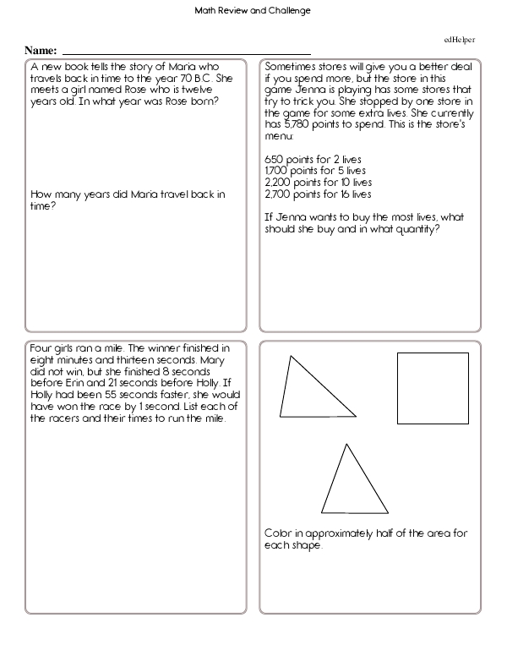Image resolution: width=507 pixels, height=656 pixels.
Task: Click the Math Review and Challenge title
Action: tap(253, 11)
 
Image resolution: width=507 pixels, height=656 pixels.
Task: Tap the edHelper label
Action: tap(460, 41)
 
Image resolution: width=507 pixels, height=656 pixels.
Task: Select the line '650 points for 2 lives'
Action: tap(305, 158)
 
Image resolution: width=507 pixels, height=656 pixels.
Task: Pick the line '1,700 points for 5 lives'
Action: tap(308, 170)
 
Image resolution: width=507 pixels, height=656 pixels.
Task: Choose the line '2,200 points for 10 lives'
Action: tap(310, 182)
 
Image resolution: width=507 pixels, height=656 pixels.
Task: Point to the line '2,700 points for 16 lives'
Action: tap(310, 194)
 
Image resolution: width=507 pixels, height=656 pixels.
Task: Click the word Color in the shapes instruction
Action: tap(277, 533)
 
